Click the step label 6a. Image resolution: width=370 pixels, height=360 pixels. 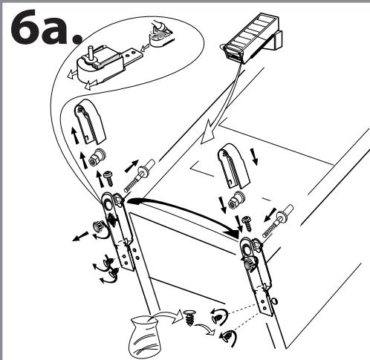click(x=46, y=27)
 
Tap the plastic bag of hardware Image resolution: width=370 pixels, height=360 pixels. click(x=144, y=337)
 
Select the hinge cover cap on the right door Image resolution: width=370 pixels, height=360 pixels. click(x=235, y=166)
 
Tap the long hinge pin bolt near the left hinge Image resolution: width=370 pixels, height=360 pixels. click(x=139, y=176)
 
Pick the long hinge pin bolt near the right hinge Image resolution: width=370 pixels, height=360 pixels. click(x=278, y=220)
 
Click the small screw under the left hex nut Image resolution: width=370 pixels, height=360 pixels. click(x=108, y=178)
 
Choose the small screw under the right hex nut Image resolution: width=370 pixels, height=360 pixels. click(x=247, y=223)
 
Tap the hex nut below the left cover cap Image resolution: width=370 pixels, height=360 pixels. click(x=97, y=157)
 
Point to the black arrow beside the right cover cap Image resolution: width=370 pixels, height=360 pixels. click(x=254, y=157)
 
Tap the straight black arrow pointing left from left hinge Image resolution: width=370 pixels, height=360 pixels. click(x=80, y=237)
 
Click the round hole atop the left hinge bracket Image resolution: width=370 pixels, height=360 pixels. click(x=108, y=204)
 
